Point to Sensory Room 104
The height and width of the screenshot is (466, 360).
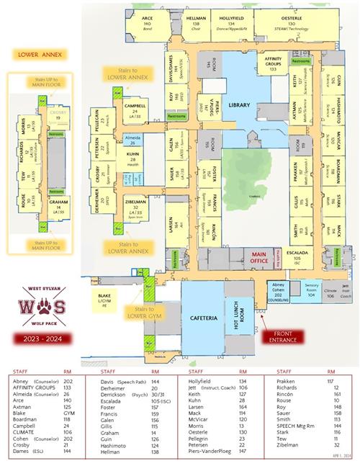tap(311, 287)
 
